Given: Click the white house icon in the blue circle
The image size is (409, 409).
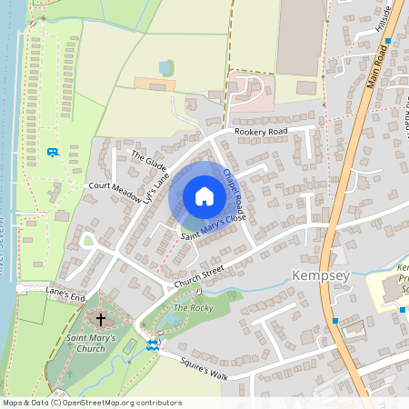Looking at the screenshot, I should coord(204,195).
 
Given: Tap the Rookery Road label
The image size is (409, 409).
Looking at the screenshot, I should coord(260,132).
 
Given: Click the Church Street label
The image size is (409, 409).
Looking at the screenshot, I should coord(200,276).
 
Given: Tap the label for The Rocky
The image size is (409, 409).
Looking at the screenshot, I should coord(192,309).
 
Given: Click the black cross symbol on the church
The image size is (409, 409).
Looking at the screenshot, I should coord(100,321).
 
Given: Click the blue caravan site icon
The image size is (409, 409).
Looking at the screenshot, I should coord(53,152).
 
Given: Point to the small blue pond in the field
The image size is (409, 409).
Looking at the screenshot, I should coord(165,67).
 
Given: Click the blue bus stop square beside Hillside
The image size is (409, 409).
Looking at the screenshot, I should coord(388,41).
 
